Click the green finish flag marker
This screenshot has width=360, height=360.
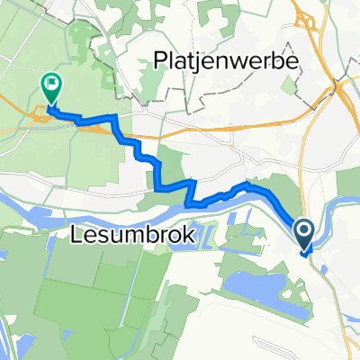click(51, 87)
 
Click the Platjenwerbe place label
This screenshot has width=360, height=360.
click(231, 60)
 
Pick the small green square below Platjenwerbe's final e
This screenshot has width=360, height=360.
click(289, 85)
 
